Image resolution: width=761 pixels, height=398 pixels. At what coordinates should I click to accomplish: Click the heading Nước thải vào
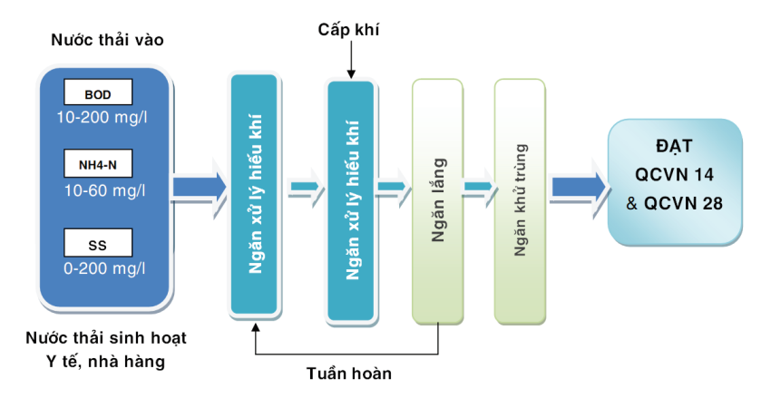coord(108,41)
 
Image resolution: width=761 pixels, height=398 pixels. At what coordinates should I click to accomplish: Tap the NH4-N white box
coord(98,164)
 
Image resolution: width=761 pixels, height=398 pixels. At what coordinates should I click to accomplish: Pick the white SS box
coord(98,242)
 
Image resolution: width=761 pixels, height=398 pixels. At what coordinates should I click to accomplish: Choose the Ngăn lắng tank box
coord(438,201)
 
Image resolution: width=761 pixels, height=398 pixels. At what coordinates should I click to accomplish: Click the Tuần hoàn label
coord(348,373)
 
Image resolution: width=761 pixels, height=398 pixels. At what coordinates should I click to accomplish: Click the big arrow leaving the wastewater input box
coord(200,186)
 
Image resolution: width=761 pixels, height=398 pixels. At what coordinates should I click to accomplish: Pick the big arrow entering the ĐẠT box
coord(578,186)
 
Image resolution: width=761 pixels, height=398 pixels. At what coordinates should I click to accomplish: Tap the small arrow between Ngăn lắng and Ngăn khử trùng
coord(479,188)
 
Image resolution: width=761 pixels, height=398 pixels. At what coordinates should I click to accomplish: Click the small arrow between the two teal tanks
coord(305,188)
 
